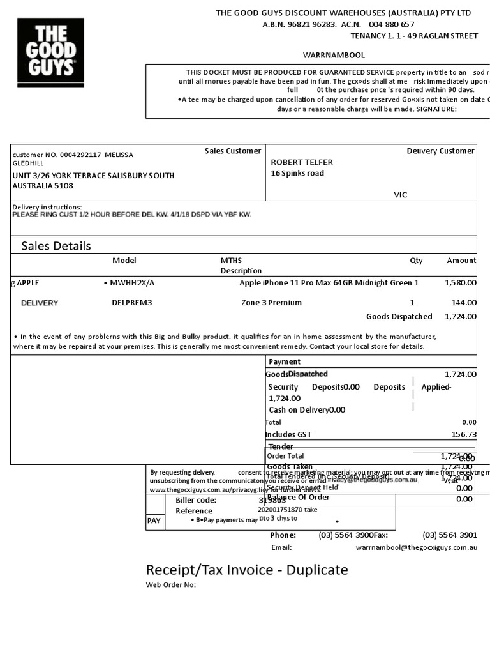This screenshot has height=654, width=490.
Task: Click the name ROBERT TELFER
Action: (x=302, y=162)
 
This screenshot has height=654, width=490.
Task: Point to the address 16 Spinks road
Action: (x=297, y=173)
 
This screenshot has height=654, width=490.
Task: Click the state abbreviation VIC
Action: (x=401, y=195)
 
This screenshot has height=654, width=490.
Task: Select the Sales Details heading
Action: (x=56, y=246)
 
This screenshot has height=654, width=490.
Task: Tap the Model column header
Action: (x=124, y=261)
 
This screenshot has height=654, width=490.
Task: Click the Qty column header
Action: (x=416, y=261)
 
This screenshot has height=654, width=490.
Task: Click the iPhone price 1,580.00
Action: (x=460, y=282)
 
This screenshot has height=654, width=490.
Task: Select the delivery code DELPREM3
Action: (x=132, y=303)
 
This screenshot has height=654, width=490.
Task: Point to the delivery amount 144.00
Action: (x=464, y=303)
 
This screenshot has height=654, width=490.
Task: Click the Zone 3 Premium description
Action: (x=272, y=303)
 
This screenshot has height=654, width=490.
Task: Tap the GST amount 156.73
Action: (x=464, y=434)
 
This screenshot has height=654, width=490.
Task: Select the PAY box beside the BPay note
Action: (x=154, y=521)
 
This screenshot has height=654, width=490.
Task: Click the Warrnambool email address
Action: (x=416, y=547)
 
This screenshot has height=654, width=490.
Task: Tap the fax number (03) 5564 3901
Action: (x=450, y=535)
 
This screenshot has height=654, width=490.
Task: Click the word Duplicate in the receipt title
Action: (x=317, y=570)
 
